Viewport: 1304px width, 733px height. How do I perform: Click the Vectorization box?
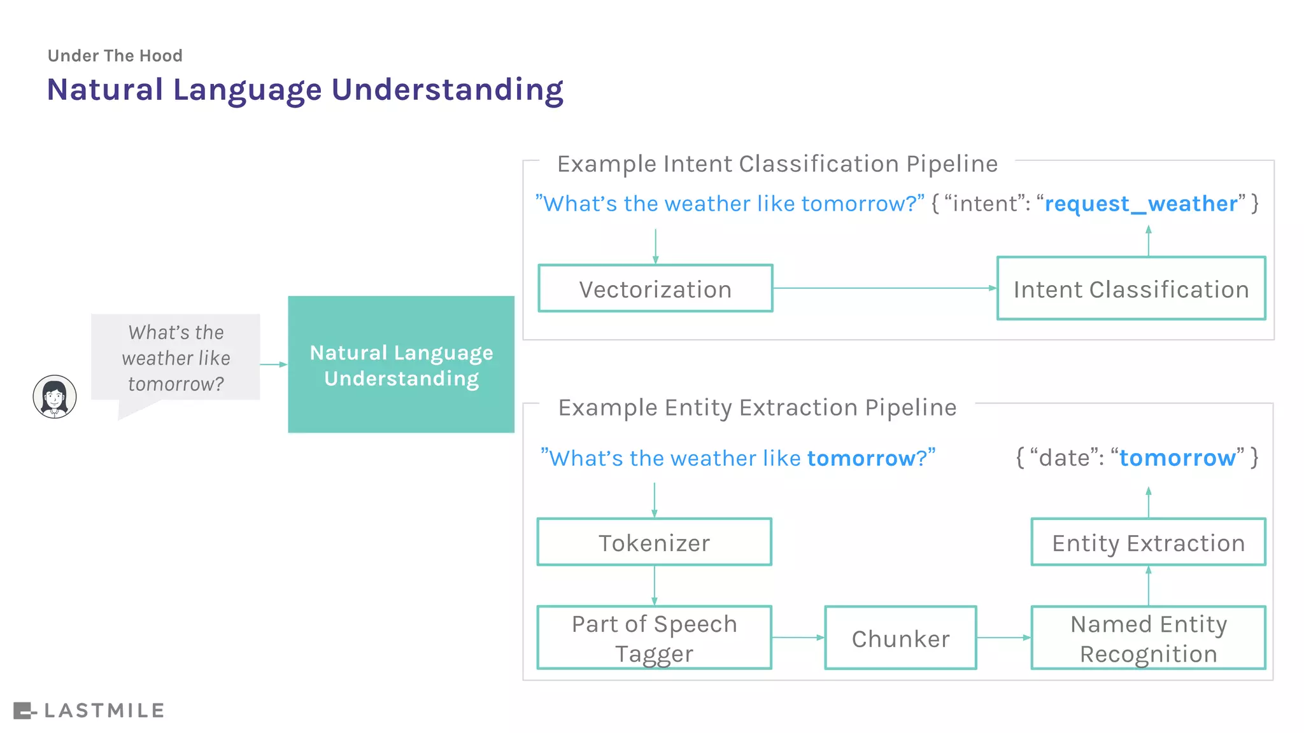[x=655, y=288]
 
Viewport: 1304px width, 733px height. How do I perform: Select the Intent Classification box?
[x=1131, y=288]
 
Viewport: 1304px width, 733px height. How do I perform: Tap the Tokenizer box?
[x=654, y=542]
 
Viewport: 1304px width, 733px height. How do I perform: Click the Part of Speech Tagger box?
[x=654, y=638]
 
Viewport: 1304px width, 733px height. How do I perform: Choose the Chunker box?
[x=900, y=638]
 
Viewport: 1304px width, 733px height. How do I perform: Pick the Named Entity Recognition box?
[x=1148, y=638]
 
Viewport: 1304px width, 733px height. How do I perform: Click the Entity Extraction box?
[x=1148, y=542]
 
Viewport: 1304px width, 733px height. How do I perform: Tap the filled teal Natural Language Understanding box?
[x=401, y=365]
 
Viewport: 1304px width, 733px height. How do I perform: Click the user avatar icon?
[x=55, y=396]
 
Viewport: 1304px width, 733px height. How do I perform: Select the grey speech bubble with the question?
[x=176, y=358]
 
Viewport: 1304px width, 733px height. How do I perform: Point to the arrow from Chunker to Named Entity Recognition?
[x=1003, y=638]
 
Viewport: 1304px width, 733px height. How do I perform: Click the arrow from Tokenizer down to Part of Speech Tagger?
[x=654, y=585]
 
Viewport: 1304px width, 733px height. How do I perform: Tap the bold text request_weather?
[x=1141, y=204]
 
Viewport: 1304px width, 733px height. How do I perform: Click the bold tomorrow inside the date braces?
[x=1177, y=457]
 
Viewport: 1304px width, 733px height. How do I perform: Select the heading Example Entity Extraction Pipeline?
[x=757, y=407]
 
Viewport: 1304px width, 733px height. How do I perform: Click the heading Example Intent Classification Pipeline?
[x=777, y=164]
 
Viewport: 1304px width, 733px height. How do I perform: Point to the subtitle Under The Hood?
[x=115, y=56]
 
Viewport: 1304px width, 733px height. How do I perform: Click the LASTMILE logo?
[x=89, y=710]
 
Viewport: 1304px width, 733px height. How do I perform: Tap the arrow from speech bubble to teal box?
[x=274, y=365]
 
